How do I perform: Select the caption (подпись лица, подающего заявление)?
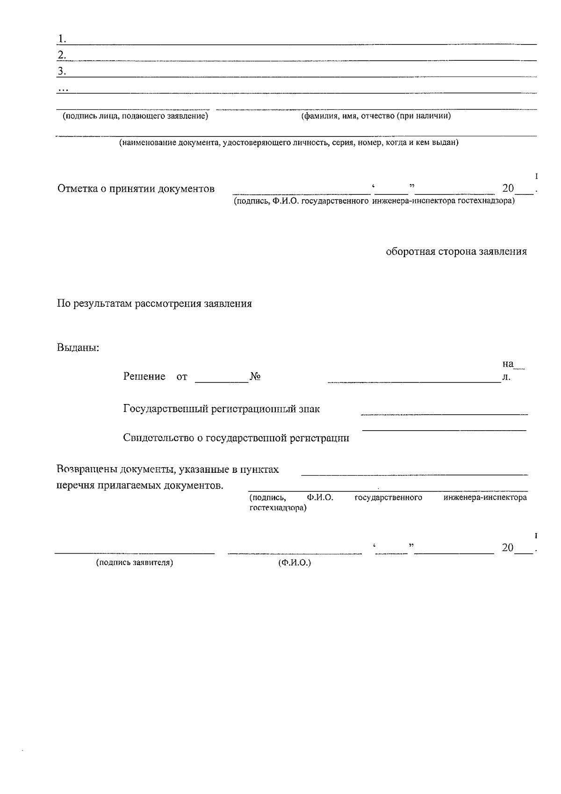tap(135, 116)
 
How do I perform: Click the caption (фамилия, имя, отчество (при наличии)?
tap(376, 116)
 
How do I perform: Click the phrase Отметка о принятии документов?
tap(136, 189)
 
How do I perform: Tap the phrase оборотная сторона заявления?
tap(456, 252)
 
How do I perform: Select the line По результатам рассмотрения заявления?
tap(154, 304)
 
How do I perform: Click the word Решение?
tap(144, 376)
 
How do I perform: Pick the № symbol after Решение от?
tap(255, 377)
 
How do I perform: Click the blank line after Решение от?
tap(221, 381)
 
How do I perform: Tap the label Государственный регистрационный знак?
tap(221, 409)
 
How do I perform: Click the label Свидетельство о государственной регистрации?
tap(236, 438)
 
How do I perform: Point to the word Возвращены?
tap(86, 469)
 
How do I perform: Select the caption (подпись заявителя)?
tap(135, 563)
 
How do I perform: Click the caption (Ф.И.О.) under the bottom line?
tap(294, 563)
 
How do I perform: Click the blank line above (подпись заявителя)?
tap(135, 553)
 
